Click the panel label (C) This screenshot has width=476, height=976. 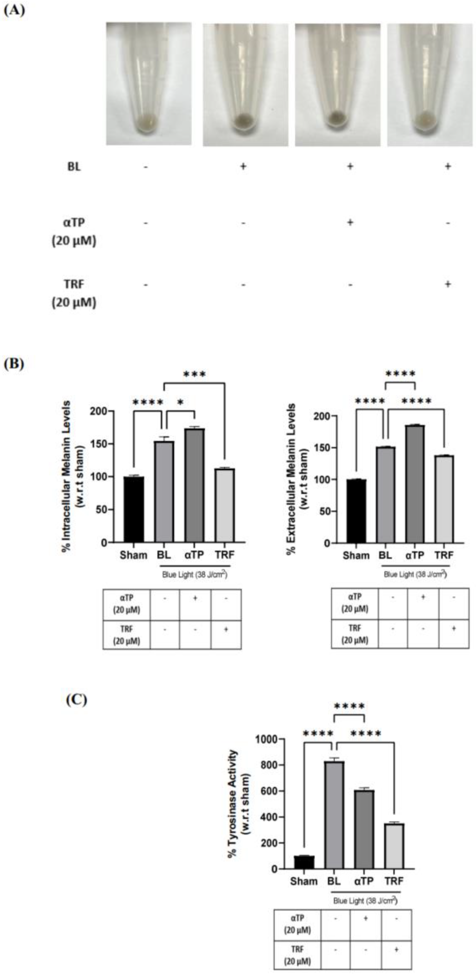(x=76, y=699)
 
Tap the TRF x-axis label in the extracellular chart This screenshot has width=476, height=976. (x=444, y=555)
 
